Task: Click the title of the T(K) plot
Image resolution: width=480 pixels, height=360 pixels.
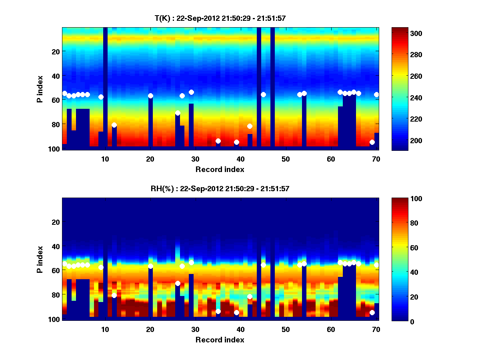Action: (x=220, y=18)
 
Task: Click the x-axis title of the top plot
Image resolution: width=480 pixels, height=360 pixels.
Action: (x=220, y=169)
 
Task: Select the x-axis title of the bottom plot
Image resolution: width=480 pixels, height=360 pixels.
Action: (x=220, y=340)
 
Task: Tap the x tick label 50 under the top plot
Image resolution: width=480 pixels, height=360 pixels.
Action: (x=286, y=159)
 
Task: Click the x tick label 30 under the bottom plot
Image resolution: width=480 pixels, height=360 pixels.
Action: (x=195, y=329)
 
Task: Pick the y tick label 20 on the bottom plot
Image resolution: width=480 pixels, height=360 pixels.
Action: (x=56, y=222)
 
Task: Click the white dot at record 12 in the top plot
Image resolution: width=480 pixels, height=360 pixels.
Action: (x=114, y=125)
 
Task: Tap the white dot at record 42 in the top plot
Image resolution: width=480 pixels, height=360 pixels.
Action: (x=250, y=126)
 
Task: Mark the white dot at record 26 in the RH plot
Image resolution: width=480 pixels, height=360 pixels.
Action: (x=178, y=283)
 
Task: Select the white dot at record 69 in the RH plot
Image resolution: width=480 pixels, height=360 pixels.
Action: (x=372, y=312)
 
